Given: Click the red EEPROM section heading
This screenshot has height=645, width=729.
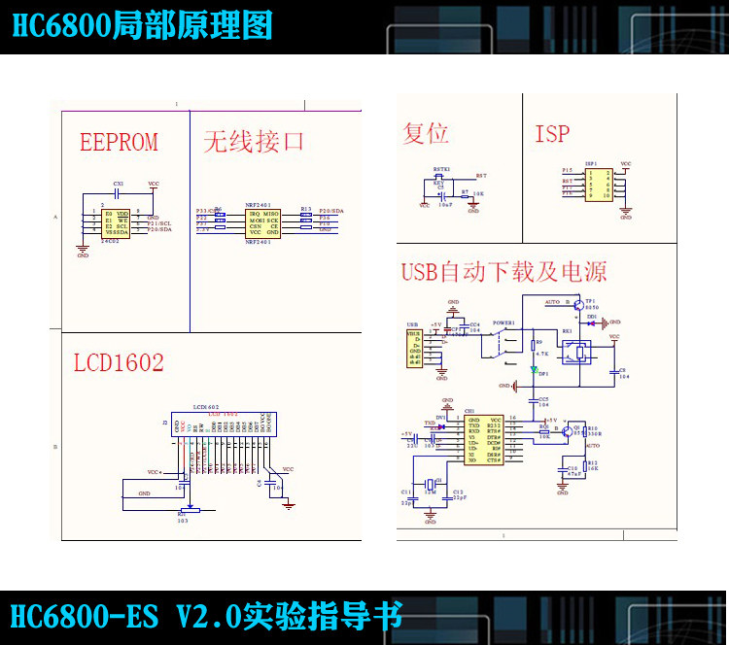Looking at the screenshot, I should [119, 143].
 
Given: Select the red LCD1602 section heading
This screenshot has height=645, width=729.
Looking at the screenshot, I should [119, 363].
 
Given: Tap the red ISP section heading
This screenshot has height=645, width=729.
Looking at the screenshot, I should [552, 134].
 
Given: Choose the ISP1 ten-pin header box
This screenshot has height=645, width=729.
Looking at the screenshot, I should [598, 184].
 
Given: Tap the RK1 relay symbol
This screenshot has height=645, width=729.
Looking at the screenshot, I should [579, 352].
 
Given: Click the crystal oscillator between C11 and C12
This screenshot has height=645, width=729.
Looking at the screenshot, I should [431, 486].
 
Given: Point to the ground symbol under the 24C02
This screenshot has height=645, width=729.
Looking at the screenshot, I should [83, 249].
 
